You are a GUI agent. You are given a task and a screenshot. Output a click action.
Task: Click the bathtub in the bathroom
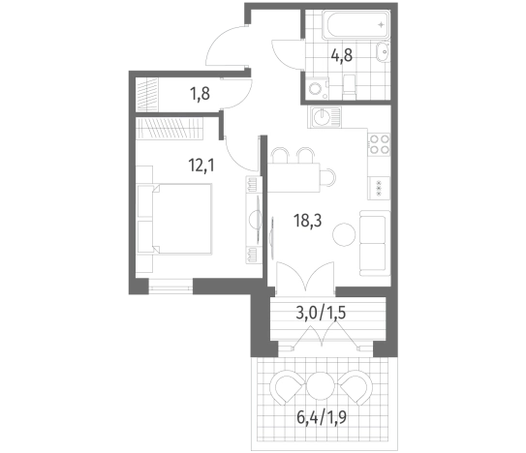point(356,24)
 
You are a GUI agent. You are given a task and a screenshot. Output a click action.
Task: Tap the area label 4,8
point(342,55)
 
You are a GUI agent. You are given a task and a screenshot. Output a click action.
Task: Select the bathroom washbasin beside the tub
point(382,51)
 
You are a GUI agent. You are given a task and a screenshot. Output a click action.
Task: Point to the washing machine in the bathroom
point(318,88)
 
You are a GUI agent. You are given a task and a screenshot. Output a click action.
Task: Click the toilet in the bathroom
point(349,87)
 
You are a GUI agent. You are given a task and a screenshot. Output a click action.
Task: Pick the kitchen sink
point(325,117)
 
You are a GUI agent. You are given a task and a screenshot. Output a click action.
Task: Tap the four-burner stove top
point(380,144)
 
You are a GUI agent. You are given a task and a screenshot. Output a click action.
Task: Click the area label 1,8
point(200,94)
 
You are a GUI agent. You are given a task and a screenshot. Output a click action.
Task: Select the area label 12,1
point(201,165)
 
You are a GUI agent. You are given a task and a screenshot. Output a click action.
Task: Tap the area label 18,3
point(308,221)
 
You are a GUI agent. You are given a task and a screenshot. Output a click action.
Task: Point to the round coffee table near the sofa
point(344,234)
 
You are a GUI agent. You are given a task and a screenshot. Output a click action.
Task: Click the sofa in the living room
point(375,243)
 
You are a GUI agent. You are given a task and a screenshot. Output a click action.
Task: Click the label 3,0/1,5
point(321,313)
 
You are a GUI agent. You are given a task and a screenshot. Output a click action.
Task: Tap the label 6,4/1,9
point(322,417)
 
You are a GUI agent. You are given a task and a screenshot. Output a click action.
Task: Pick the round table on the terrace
point(321,385)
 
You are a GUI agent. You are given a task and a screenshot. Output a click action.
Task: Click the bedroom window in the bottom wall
point(171,287)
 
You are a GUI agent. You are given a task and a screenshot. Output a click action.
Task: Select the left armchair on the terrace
point(288,387)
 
